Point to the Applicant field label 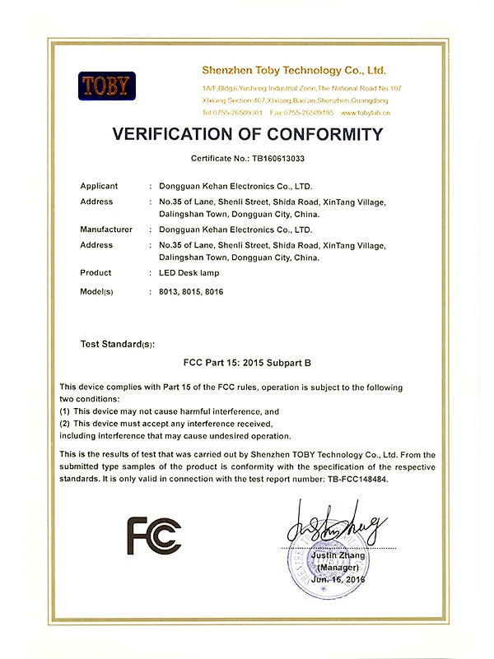[x=100, y=186]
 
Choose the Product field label [x=96, y=272]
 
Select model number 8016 [x=214, y=291]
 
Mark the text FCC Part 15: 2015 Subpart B [x=247, y=361]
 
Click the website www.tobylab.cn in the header [x=364, y=112]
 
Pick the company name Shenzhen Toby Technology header [x=294, y=72]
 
